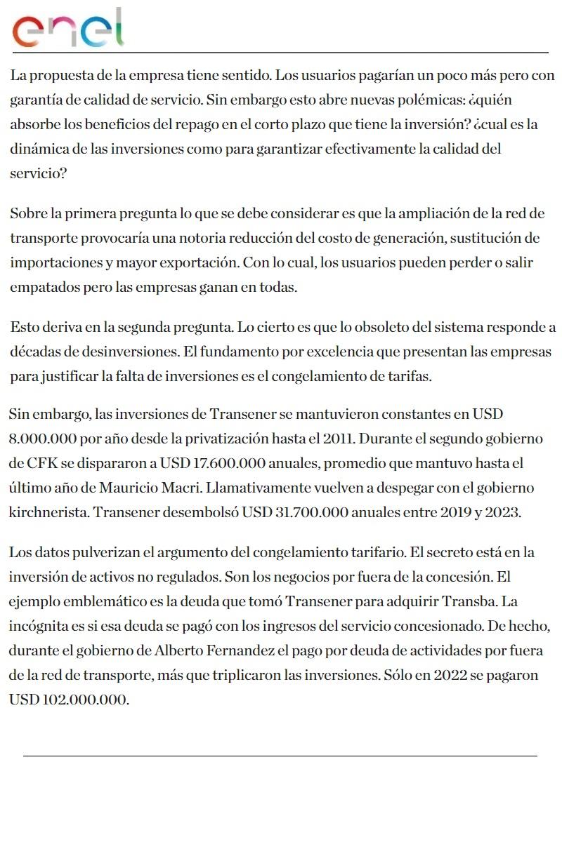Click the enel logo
pyautogui.click(x=68, y=28)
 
